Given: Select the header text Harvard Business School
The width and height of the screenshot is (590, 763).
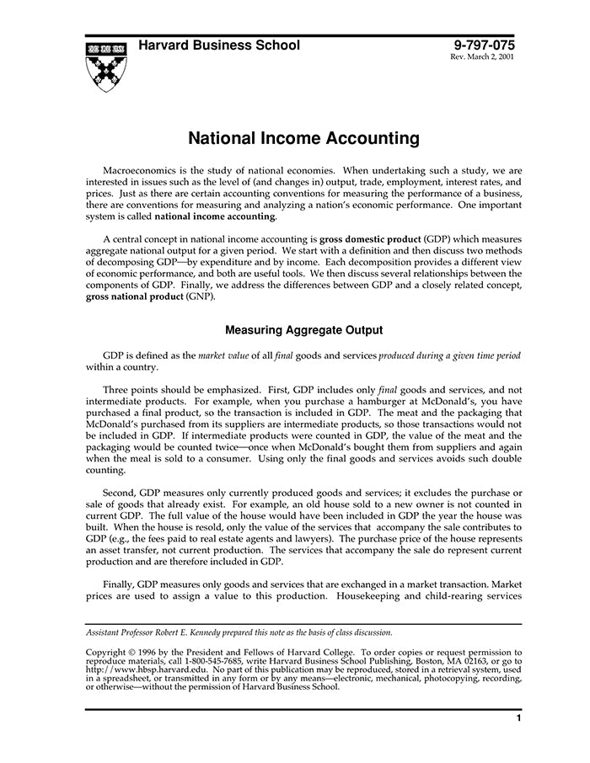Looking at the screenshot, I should coord(218,45).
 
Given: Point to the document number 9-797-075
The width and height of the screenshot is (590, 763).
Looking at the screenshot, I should coord(483,45).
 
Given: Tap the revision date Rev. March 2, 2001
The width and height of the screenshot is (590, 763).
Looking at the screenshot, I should coord(483,57).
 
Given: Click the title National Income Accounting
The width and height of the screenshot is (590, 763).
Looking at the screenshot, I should coord(303,136).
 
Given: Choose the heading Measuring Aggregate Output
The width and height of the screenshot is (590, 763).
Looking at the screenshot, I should coord(303,330).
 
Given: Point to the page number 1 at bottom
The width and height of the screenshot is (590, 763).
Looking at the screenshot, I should coord(518,718).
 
